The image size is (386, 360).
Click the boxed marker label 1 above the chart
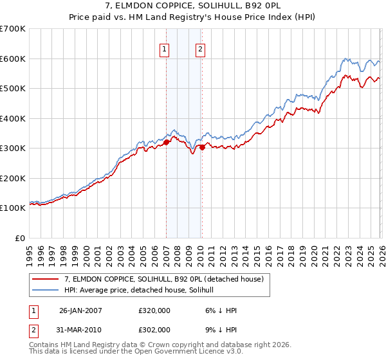pyautogui.click(x=165, y=49)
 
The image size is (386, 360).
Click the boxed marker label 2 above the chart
pyautogui.click(x=200, y=49)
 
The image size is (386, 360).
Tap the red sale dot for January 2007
pyautogui.click(x=166, y=143)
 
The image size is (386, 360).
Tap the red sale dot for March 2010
pyautogui.click(x=202, y=147)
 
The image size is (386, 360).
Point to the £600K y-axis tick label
pyautogui.click(x=13, y=59)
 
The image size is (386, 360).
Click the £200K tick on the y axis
pyautogui.click(x=13, y=178)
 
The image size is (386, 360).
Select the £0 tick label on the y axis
pyautogui.click(x=19, y=238)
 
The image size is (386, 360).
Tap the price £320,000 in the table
pyautogui.click(x=154, y=310)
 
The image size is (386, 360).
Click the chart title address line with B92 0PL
pyautogui.click(x=193, y=6)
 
